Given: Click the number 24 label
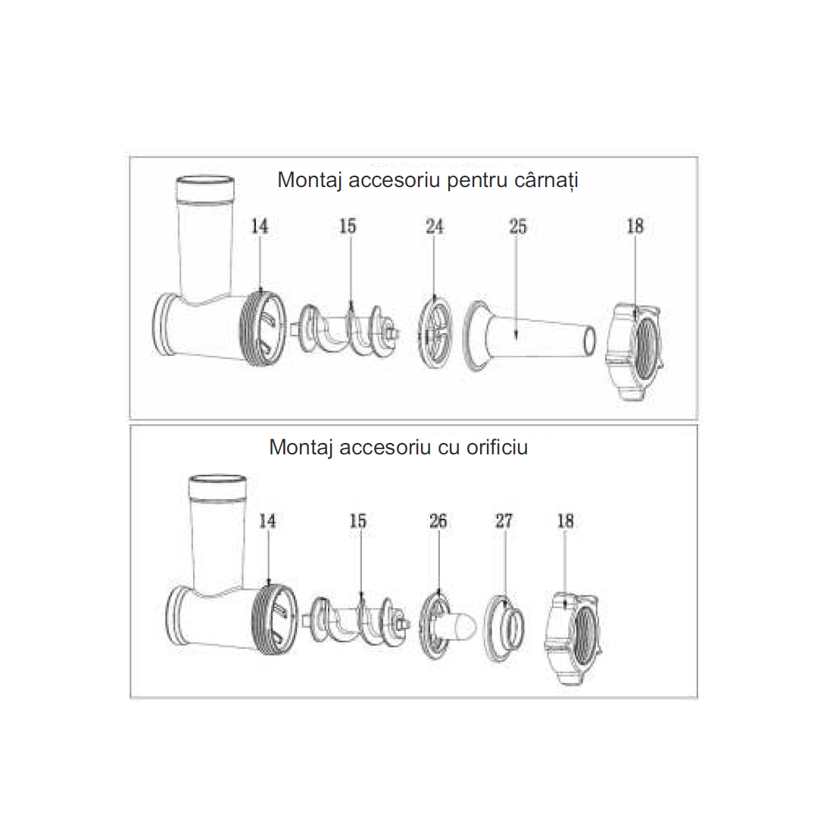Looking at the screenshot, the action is [x=434, y=226].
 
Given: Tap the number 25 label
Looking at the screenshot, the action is [x=517, y=226].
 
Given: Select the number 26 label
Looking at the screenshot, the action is [x=438, y=521].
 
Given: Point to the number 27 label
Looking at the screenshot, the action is [x=504, y=521].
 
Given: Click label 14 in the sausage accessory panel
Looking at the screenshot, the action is [x=259, y=226].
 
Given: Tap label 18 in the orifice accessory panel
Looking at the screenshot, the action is [x=565, y=521].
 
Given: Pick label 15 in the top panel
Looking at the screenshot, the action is [x=348, y=226].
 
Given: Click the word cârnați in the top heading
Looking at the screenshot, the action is [x=546, y=181].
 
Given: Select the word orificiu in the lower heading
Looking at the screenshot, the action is [x=498, y=448].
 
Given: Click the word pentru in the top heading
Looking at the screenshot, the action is [x=477, y=181].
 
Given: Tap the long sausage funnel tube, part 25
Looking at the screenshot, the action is [x=529, y=336].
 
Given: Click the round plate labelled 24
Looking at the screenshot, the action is [x=435, y=333].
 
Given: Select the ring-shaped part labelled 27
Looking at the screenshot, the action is [x=504, y=629].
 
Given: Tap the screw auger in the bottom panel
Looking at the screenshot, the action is [x=357, y=622].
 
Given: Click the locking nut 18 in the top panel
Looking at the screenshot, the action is [x=635, y=351].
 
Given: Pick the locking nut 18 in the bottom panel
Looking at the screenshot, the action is [x=572, y=638].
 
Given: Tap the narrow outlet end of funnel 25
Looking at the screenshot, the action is [x=590, y=341].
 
